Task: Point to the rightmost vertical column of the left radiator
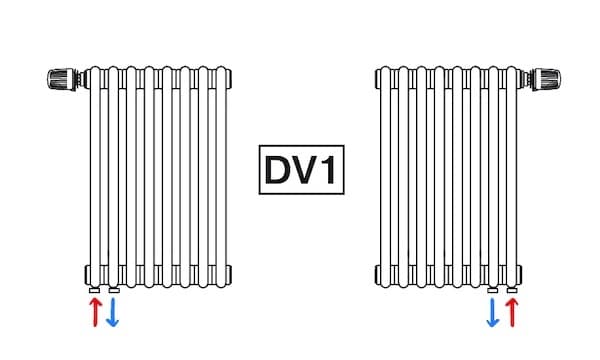coord(220,175)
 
